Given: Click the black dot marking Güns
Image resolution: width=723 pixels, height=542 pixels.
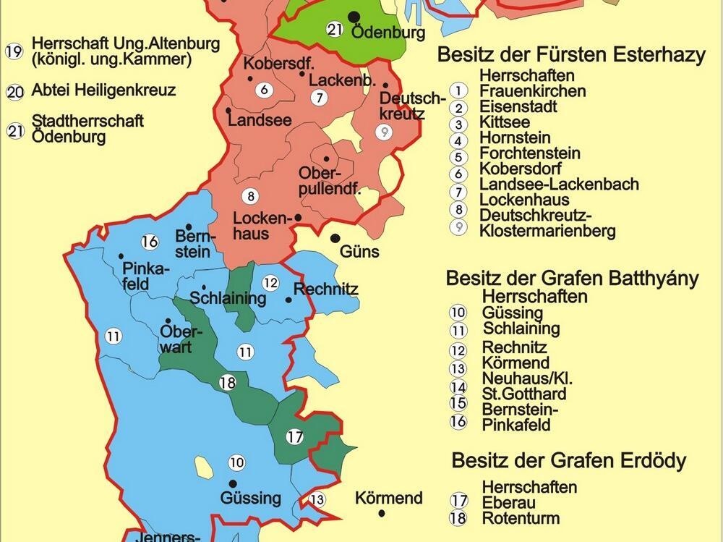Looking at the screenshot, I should pyautogui.click(x=335, y=238).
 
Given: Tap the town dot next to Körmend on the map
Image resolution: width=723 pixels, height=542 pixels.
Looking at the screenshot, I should pyautogui.click(x=382, y=514).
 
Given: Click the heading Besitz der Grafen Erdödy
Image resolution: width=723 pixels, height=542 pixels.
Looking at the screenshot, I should pyautogui.click(x=568, y=460).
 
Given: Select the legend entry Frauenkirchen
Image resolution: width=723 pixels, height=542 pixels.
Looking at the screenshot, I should pyautogui.click(x=532, y=91).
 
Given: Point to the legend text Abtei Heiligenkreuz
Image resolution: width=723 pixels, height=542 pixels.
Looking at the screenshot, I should pyautogui.click(x=103, y=91).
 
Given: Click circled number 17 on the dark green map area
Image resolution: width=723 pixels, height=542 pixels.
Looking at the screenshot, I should pyautogui.click(x=294, y=436).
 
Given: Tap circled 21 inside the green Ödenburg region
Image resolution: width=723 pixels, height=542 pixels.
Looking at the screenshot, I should pyautogui.click(x=334, y=30).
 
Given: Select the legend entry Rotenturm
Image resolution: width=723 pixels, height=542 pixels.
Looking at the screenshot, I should pyautogui.click(x=521, y=518).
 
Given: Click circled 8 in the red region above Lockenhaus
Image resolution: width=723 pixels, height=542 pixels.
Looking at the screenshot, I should pyautogui.click(x=251, y=196).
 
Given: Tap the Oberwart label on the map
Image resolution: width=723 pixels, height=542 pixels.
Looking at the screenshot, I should pyautogui.click(x=176, y=339).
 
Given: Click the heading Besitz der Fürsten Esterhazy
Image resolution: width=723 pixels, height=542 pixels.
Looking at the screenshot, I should pyautogui.click(x=571, y=56).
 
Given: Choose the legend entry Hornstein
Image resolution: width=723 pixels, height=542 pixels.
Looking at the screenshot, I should pyautogui.click(x=514, y=137).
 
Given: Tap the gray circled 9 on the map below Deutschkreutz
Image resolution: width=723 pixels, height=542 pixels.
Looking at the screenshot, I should pyautogui.click(x=385, y=132).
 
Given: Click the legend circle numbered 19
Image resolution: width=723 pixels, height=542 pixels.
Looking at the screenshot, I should pyautogui.click(x=14, y=51).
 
